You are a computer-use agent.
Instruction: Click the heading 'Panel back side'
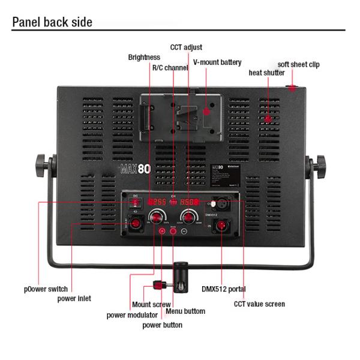coord(53,22)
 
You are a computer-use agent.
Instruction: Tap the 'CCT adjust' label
coord(186,47)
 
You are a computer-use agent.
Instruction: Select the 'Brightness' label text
coord(144,58)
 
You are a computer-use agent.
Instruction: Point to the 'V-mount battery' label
coord(217,62)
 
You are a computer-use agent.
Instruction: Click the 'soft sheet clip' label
coord(298,64)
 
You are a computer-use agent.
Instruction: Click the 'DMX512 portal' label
coord(224,289)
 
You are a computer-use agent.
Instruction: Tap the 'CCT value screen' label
coord(259,304)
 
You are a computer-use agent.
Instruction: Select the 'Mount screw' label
coord(151,305)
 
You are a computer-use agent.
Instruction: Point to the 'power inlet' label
coord(74,298)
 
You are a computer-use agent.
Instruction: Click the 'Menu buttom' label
coord(185,311)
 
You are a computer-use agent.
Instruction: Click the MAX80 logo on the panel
coord(136,169)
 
